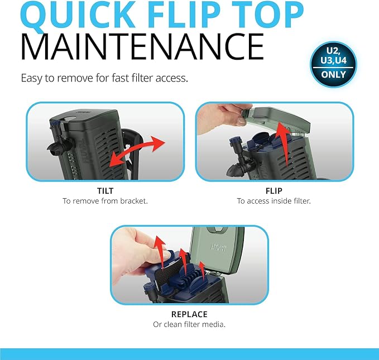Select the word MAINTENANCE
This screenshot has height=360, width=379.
(x=142, y=47)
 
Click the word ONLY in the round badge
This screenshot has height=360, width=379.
(x=333, y=74)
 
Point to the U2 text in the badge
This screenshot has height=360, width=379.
(x=333, y=51)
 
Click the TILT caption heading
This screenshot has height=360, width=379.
(x=105, y=191)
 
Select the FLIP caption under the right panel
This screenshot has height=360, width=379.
(x=274, y=191)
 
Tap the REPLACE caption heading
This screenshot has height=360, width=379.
(x=189, y=314)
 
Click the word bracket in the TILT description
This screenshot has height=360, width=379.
(x=134, y=201)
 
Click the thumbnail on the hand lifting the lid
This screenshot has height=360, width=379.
(x=241, y=121)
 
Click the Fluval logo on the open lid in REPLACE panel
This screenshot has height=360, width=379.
(x=219, y=248)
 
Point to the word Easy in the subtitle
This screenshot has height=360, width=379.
(x=32, y=78)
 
